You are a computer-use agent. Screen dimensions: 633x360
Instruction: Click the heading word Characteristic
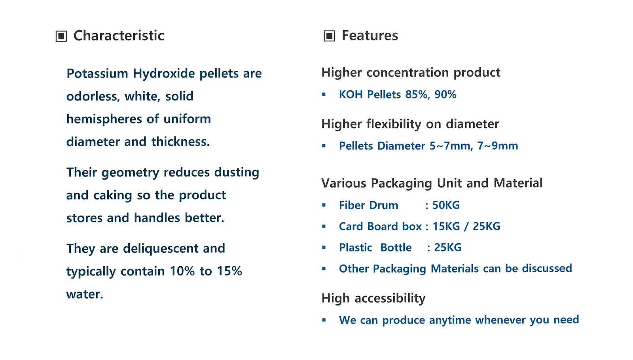119,36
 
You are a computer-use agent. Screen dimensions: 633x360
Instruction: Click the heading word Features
370,36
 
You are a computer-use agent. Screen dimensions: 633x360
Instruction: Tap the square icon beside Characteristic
61,36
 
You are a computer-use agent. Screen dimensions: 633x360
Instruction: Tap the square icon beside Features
329,36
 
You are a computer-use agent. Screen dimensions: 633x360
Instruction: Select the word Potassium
97,74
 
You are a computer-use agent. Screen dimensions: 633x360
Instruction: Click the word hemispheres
104,119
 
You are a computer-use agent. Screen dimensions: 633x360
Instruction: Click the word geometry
130,173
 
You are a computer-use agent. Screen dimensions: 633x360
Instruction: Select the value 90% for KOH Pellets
445,95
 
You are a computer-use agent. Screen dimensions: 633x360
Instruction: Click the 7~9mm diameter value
498,146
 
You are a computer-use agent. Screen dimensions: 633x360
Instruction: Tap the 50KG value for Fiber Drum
446,205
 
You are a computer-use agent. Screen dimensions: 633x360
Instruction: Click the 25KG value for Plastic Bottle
447,248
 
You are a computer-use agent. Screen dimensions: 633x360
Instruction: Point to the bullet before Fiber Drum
324,205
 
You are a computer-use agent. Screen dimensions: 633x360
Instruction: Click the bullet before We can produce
324,320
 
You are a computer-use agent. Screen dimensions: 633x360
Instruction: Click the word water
85,294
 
